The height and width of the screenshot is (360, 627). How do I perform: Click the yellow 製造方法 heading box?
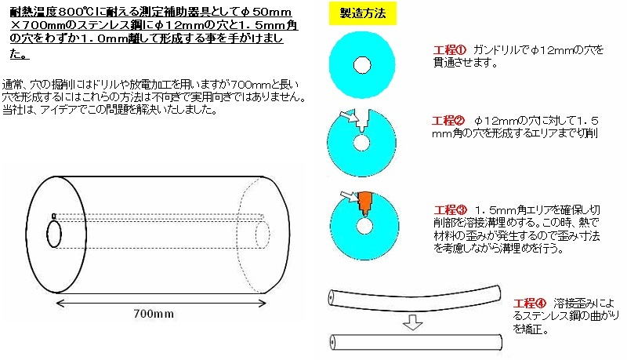363,13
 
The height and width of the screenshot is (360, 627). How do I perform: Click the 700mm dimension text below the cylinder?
154,314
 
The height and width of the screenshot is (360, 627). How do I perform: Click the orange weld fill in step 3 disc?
364,202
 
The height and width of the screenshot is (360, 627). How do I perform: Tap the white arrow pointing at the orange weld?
349,196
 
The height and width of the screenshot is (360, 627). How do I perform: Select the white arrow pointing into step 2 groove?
348,116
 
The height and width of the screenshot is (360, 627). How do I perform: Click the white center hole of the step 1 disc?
362,65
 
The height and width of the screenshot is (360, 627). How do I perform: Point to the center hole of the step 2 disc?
361,144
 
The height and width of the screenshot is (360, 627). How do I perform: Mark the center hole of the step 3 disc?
364,227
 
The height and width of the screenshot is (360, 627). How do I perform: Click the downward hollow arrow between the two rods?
413,322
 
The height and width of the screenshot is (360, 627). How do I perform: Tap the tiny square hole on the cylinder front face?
53,216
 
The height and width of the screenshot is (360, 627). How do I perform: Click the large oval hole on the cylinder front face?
54,235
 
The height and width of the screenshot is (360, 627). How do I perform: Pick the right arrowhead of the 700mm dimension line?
262,304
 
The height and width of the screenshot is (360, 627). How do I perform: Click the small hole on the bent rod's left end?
332,297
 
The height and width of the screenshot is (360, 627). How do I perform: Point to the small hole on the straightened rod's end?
332,343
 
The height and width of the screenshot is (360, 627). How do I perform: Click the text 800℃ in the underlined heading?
76,12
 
